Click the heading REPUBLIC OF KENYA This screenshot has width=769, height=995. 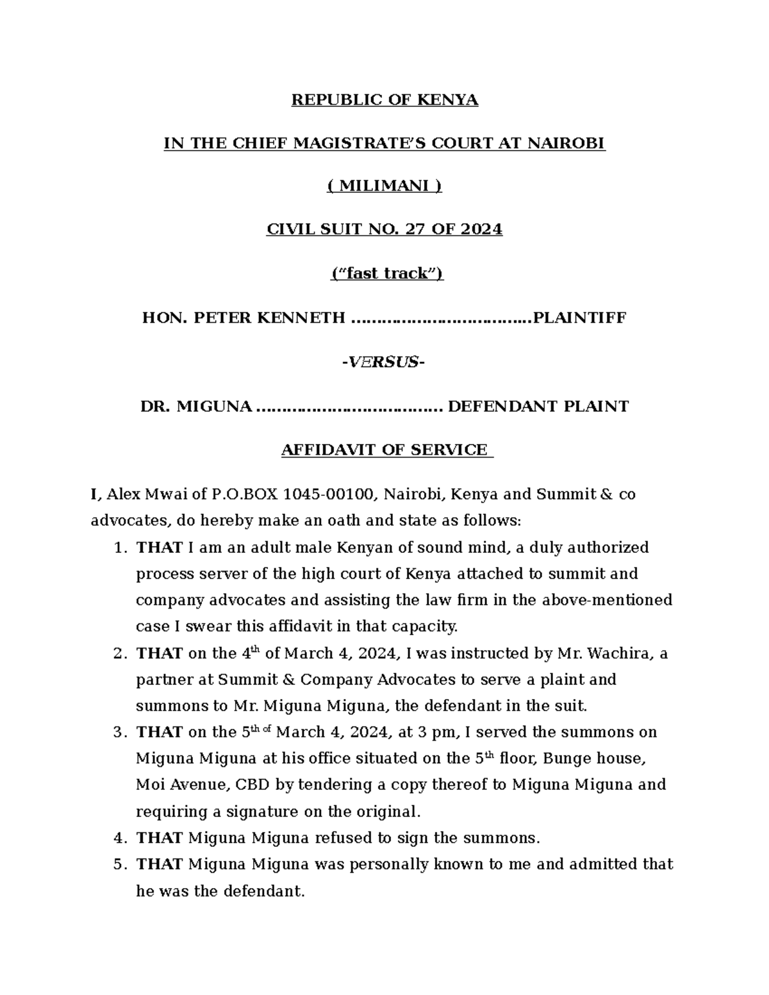(384, 101)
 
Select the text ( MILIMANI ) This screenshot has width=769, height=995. (384, 186)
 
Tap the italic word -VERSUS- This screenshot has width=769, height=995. (384, 363)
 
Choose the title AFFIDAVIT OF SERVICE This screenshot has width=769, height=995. (384, 450)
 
